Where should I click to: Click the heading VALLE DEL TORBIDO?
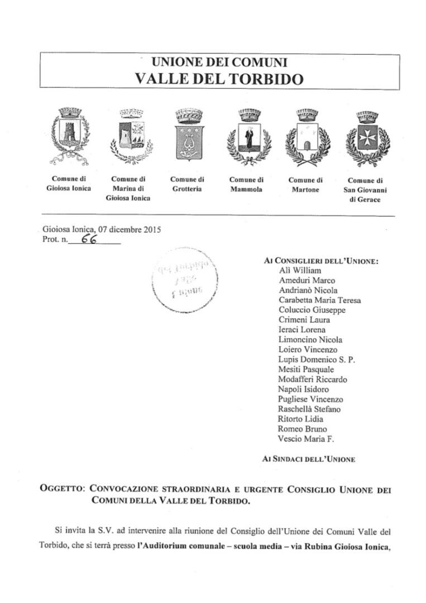pyautogui.click(x=219, y=79)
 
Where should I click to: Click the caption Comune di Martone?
pyautogui.click(x=305, y=185)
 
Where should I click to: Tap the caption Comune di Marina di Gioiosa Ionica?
pyautogui.click(x=128, y=189)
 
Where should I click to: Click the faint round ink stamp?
pyautogui.click(x=184, y=281)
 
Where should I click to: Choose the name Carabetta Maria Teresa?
pyautogui.click(x=319, y=300)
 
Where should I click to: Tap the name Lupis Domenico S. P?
pyautogui.click(x=316, y=360)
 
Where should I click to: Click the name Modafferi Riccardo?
pyautogui.click(x=312, y=380)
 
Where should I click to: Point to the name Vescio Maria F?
pyautogui.click(x=305, y=439)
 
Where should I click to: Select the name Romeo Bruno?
pyautogui.click(x=302, y=429)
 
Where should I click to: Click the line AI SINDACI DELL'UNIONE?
pyautogui.click(x=308, y=459)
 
